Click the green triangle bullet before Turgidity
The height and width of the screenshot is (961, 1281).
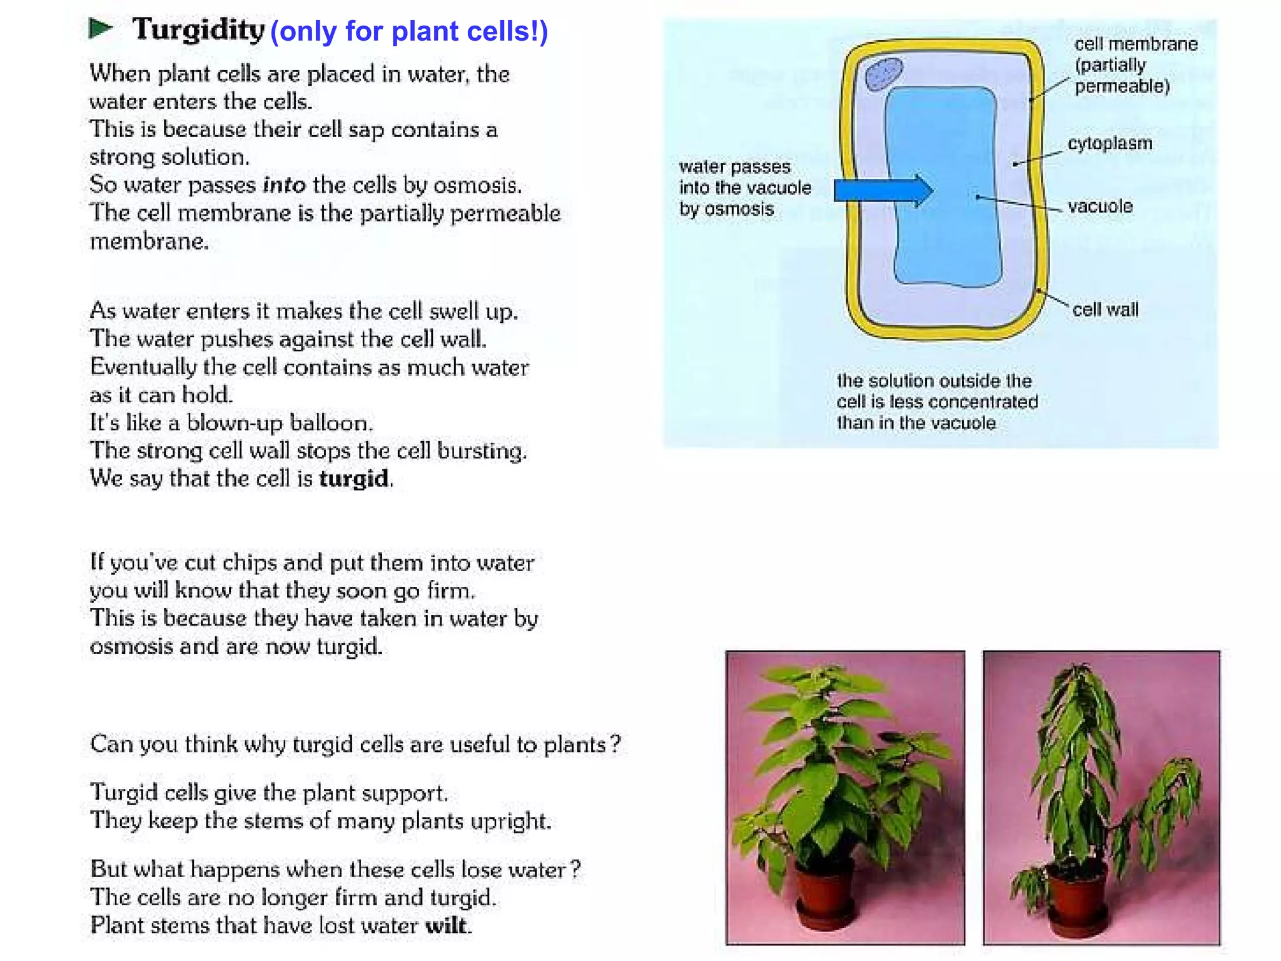[x=100, y=28]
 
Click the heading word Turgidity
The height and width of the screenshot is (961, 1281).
[x=198, y=29]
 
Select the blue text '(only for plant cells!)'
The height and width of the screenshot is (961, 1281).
[x=408, y=31]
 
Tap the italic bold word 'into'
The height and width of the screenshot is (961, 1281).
[x=284, y=185]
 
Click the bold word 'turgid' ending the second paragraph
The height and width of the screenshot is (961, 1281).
[x=354, y=479]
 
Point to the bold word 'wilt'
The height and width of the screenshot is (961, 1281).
[x=446, y=925]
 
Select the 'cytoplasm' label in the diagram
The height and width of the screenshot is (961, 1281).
[x=1109, y=143]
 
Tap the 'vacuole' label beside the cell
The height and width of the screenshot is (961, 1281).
[x=1100, y=206]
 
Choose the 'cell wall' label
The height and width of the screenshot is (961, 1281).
[x=1105, y=310]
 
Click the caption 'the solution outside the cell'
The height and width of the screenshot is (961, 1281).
[x=936, y=402]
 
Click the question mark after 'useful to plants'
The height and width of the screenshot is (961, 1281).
[x=615, y=744]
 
